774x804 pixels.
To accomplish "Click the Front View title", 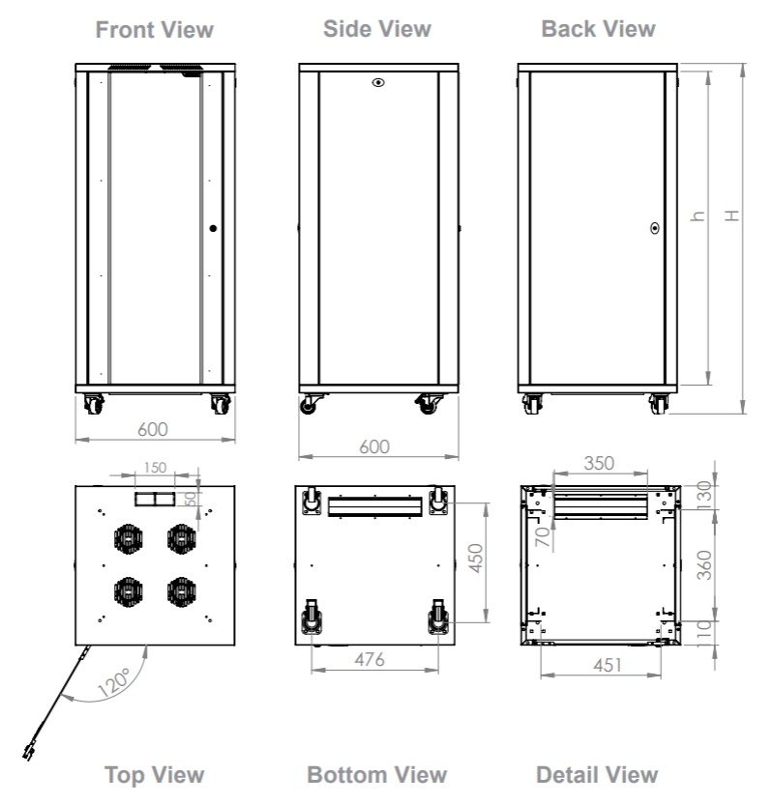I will pyautogui.click(x=155, y=30).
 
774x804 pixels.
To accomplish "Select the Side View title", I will pyautogui.click(x=376, y=29).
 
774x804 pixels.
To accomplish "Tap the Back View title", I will pyautogui.click(x=598, y=29).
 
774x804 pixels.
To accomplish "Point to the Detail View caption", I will pyautogui.click(x=596, y=774).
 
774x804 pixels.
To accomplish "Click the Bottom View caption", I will pyautogui.click(x=376, y=774).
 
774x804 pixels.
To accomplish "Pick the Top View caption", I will pyautogui.click(x=155, y=774).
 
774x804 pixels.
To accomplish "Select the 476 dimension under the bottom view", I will pyautogui.click(x=370, y=660).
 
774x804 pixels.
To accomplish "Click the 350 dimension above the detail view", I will pyautogui.click(x=600, y=463).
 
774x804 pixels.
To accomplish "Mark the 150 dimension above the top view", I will pyautogui.click(x=155, y=467).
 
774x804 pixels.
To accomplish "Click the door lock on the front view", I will pyautogui.click(x=212, y=229).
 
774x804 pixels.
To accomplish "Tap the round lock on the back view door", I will pyautogui.click(x=655, y=229).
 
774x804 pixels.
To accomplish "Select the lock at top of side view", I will pyautogui.click(x=377, y=83).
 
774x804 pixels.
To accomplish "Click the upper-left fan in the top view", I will pyautogui.click(x=129, y=537).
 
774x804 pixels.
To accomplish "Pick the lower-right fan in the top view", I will pyautogui.click(x=181, y=589).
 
